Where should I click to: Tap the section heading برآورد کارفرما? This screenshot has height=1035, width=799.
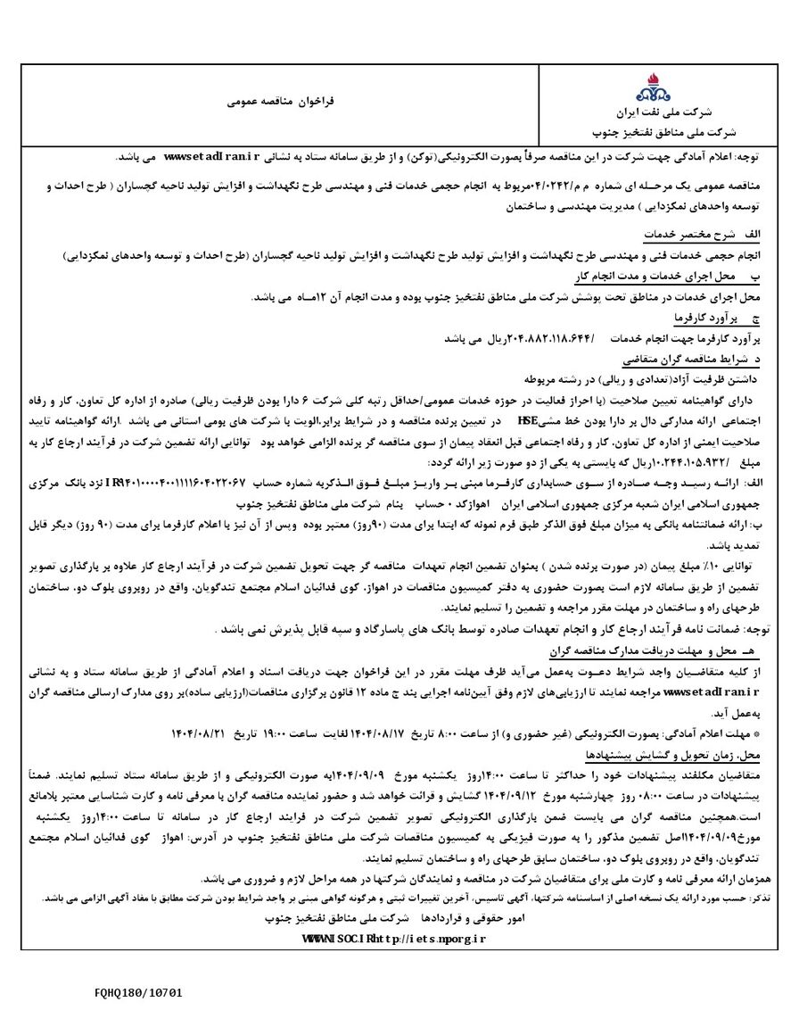point(705,318)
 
